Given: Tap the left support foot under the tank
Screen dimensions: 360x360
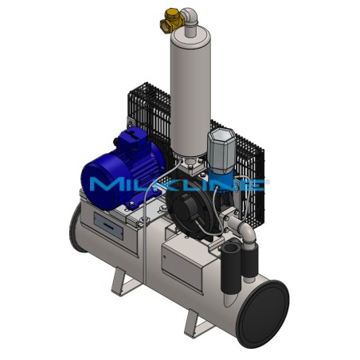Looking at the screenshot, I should (x=124, y=282).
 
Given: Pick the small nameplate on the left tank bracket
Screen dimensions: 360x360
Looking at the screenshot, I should (x=105, y=225).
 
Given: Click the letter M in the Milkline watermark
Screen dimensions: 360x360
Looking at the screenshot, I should (x=103, y=185).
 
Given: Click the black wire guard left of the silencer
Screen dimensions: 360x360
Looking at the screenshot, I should (x=147, y=112).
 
